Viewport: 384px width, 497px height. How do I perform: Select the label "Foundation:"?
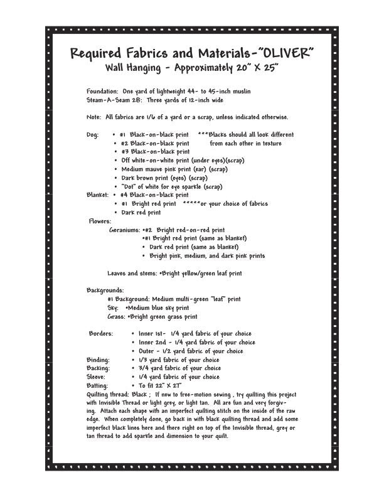tap(102, 92)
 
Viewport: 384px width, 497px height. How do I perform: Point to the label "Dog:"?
tap(93, 135)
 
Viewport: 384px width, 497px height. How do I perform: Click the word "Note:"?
tap(94, 117)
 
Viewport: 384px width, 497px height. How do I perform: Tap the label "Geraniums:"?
tap(124, 230)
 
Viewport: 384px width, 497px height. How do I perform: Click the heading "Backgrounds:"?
tap(105, 291)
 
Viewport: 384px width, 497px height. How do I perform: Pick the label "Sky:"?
tap(113, 308)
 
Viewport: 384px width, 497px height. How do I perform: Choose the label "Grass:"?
tap(116, 317)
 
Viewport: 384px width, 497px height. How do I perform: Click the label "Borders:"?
tap(100, 334)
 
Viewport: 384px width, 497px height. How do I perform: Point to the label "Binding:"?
tap(98, 360)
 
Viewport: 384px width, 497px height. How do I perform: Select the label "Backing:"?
tap(98, 368)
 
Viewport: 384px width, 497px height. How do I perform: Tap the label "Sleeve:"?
tap(96, 377)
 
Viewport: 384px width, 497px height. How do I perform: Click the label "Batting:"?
tap(97, 386)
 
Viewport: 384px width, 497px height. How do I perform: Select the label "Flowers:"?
tap(100, 222)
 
